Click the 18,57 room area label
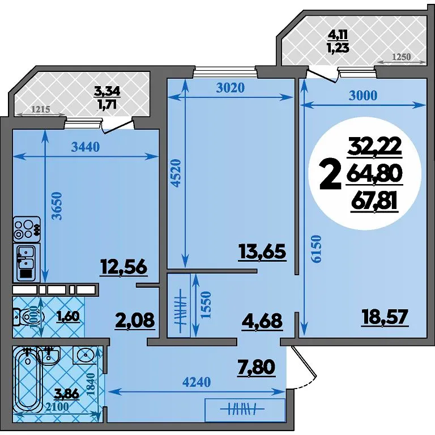[x=385, y=318]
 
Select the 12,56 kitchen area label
[x=123, y=267]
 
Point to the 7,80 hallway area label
[x=256, y=368]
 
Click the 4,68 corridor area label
[x=262, y=321]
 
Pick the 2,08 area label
[x=134, y=320]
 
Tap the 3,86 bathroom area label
[x=67, y=394]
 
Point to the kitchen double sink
[x=27, y=263]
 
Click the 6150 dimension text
[x=316, y=249]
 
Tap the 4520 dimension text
[x=176, y=173]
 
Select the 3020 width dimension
[x=231, y=88]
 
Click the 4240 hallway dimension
[x=197, y=382]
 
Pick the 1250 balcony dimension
[x=401, y=57]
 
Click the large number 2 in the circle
[x=330, y=176]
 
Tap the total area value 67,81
[x=375, y=202]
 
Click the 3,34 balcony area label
[x=108, y=91]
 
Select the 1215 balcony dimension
[x=40, y=109]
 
